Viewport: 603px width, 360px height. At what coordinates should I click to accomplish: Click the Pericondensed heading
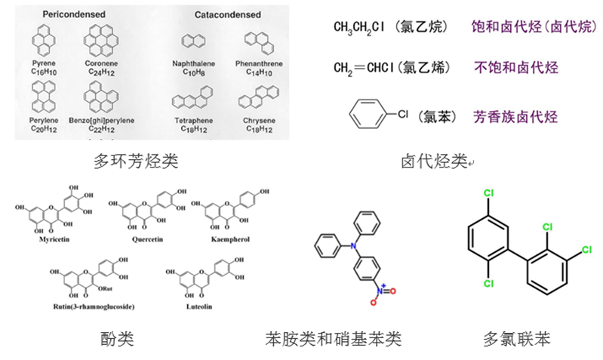tap(74, 14)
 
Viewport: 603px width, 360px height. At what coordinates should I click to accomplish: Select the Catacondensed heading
tap(227, 14)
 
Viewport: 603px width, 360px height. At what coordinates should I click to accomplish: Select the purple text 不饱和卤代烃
tap(516, 67)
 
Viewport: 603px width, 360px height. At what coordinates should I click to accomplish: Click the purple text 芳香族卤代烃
tap(516, 117)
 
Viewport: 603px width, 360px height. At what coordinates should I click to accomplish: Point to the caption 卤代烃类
tap(435, 161)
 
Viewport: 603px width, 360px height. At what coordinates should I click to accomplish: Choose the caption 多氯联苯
tap(517, 339)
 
